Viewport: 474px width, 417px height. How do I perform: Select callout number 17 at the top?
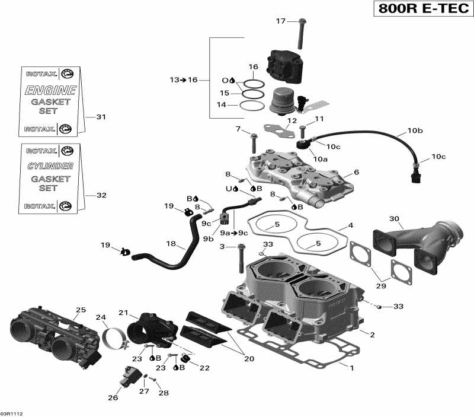coord(280,22)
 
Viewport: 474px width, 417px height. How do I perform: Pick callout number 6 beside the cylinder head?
coord(356,172)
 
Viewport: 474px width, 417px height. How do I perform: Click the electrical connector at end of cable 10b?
coord(415,176)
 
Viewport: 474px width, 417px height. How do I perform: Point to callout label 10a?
coord(321,159)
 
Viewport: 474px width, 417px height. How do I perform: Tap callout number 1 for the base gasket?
coord(351,368)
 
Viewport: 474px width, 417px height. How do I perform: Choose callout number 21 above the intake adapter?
coord(123,313)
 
